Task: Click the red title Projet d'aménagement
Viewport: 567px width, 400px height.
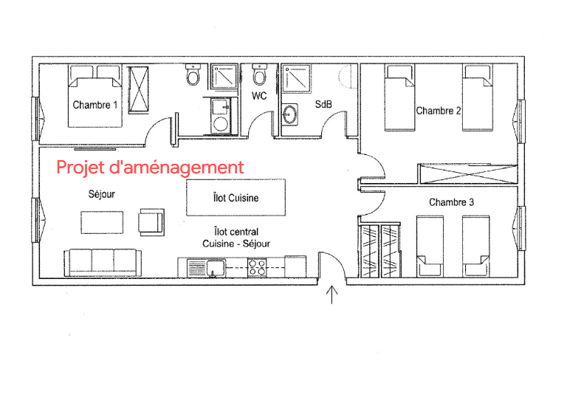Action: click(x=150, y=168)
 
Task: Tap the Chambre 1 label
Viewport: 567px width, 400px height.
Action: click(x=95, y=105)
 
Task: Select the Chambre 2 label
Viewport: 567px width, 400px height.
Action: click(x=439, y=111)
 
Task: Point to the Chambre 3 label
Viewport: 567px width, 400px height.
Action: click(x=451, y=202)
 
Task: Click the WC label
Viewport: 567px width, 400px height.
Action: click(x=259, y=96)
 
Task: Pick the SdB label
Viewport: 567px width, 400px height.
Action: click(x=323, y=104)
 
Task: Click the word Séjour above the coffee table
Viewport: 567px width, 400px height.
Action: click(x=102, y=194)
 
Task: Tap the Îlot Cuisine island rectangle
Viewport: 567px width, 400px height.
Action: click(x=236, y=197)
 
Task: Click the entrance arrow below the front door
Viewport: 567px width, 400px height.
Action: click(x=332, y=294)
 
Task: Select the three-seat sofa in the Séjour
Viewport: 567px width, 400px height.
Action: click(x=103, y=262)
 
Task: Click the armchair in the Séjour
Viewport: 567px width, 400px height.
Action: click(x=151, y=222)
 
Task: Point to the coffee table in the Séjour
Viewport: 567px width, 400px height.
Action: click(x=102, y=223)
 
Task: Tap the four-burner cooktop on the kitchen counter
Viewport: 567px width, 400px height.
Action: click(x=257, y=267)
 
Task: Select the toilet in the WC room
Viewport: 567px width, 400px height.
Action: click(x=259, y=75)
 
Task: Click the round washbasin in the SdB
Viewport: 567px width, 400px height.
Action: click(x=289, y=114)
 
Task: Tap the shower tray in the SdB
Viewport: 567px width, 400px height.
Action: click(x=296, y=78)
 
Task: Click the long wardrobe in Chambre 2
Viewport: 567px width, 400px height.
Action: click(x=468, y=173)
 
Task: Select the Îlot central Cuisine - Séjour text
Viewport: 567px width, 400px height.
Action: click(x=236, y=238)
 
